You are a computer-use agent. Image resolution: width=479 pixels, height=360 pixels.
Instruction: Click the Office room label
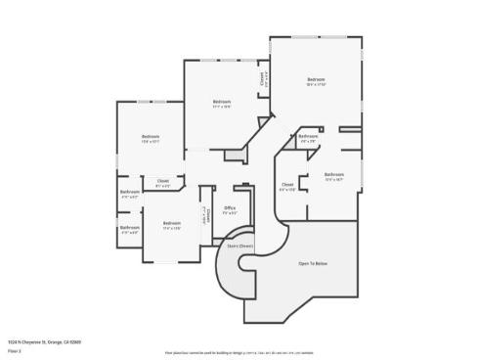230,207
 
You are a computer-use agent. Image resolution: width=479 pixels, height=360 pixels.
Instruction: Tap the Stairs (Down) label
240,247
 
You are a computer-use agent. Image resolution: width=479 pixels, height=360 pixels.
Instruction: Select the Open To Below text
313,264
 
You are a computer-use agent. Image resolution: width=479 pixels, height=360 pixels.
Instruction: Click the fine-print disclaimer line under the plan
239,351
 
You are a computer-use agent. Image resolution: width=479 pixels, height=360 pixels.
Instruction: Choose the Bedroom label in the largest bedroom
315,79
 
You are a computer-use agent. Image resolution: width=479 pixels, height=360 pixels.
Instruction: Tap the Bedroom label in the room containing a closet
222,102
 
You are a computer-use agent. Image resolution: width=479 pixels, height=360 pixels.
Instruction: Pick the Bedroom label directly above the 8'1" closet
150,136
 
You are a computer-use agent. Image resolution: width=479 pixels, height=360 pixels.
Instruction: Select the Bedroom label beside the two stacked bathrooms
173,224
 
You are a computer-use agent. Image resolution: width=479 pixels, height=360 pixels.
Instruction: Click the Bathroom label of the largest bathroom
335,175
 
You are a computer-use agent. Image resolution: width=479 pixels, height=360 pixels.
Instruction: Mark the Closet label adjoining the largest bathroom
287,184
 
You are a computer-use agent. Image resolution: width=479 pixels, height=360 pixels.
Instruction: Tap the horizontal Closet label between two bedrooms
162,180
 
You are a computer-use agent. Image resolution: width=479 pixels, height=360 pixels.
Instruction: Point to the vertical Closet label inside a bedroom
261,77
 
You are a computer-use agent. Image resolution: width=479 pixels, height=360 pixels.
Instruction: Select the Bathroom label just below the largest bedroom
309,136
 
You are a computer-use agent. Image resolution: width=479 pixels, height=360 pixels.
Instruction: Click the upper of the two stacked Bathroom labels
129,192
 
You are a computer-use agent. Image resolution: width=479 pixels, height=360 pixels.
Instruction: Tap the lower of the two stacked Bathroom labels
129,229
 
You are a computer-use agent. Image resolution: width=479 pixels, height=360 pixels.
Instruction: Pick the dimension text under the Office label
230,212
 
